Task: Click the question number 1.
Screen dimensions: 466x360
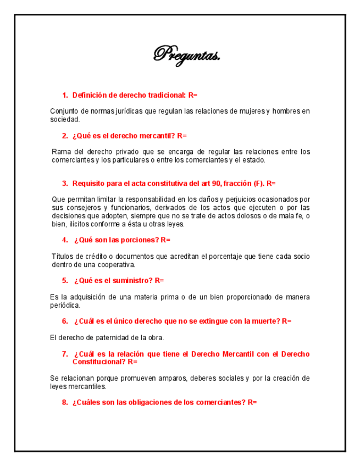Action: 65,96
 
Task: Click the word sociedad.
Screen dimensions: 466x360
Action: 65,119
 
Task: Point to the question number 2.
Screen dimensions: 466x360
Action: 65,136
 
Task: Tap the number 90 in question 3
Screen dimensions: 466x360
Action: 214,183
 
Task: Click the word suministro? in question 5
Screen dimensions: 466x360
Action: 131,280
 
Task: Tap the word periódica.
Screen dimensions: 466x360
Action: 65,305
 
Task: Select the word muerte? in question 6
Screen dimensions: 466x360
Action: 264,321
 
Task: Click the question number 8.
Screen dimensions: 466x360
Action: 65,402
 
